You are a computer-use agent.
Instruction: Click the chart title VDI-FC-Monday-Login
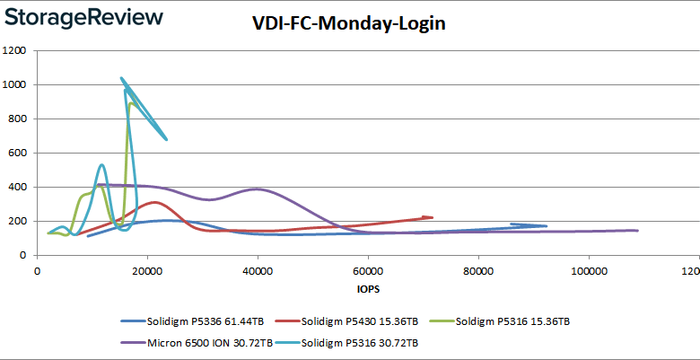(x=349, y=24)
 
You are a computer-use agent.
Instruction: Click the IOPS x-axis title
(x=367, y=290)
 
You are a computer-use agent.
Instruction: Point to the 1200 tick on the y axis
(x=13, y=50)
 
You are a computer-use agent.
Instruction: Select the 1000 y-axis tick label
(x=13, y=84)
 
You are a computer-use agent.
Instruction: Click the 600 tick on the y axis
(x=16, y=153)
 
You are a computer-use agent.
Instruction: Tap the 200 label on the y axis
(x=16, y=221)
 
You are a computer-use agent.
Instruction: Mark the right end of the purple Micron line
(x=637, y=231)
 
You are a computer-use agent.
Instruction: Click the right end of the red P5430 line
(x=432, y=217)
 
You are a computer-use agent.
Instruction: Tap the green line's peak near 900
(x=131, y=103)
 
